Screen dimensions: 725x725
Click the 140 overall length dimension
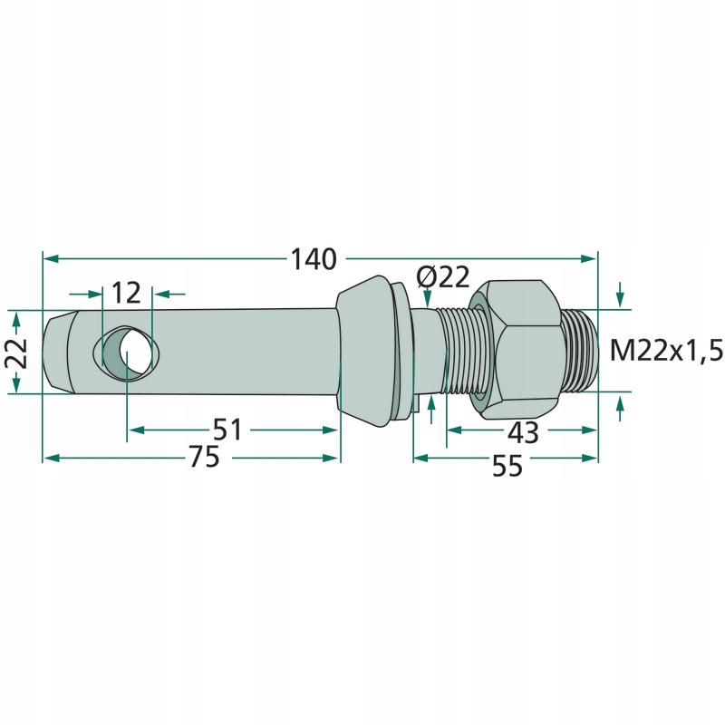[x=314, y=259]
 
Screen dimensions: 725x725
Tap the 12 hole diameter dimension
[x=126, y=293]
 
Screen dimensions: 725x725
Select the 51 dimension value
[x=227, y=430]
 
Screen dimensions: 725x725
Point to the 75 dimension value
[x=205, y=458]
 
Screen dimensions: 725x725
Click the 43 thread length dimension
[x=523, y=432]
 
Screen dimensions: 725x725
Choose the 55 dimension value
[x=507, y=466]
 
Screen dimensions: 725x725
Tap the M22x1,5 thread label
[x=666, y=350]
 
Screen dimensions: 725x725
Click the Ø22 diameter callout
[x=442, y=277]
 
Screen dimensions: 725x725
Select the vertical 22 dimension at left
[x=16, y=353]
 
